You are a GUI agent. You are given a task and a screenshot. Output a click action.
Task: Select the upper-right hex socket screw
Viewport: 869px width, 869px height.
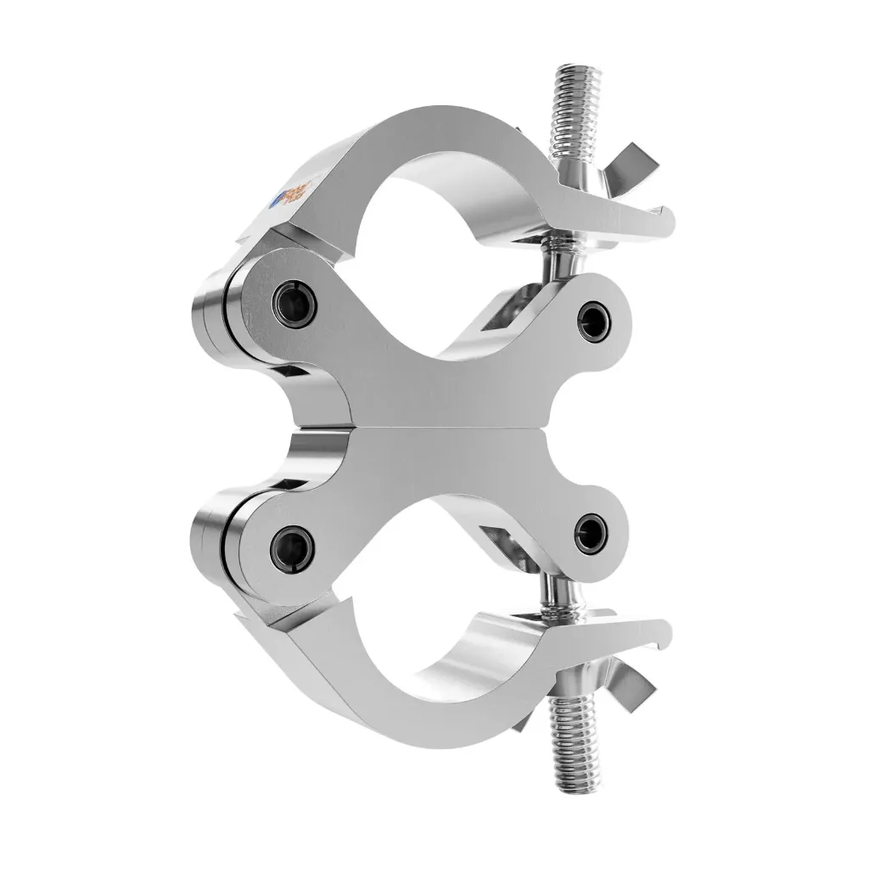588,318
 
